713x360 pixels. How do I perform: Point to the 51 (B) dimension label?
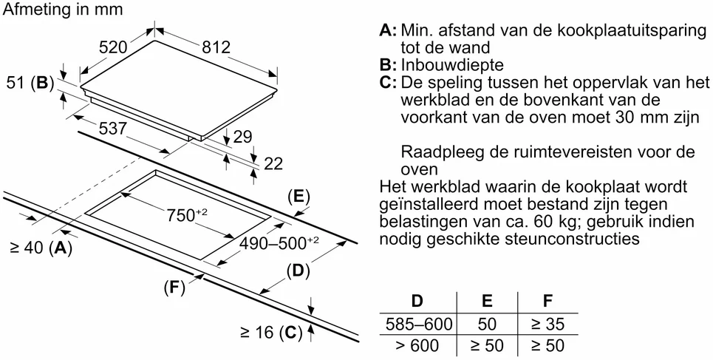pyautogui.click(x=30, y=84)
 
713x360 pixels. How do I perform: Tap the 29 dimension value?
pyautogui.click(x=242, y=137)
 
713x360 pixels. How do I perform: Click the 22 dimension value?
pyautogui.click(x=273, y=164)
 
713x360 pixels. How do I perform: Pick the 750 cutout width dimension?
pyautogui.click(x=187, y=215)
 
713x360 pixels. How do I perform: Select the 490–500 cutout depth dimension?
pyautogui.click(x=279, y=244)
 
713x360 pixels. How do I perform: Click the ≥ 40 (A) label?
pyautogui.click(x=41, y=248)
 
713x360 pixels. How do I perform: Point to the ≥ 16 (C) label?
pyautogui.click(x=271, y=333)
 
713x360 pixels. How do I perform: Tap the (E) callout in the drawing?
pyautogui.click(x=298, y=197)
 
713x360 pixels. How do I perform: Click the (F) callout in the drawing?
pyautogui.click(x=175, y=288)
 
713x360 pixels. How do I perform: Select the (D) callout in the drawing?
pyautogui.click(x=298, y=271)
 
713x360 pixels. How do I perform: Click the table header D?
pyautogui.click(x=417, y=301)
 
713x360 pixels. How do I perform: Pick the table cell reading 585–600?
pyautogui.click(x=418, y=325)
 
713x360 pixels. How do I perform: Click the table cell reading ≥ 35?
pyautogui.click(x=547, y=325)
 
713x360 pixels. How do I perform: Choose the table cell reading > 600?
pyautogui.click(x=417, y=346)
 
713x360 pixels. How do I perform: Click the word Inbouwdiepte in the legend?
pyautogui.click(x=452, y=65)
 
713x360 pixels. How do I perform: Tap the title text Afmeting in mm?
pyautogui.click(x=63, y=9)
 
